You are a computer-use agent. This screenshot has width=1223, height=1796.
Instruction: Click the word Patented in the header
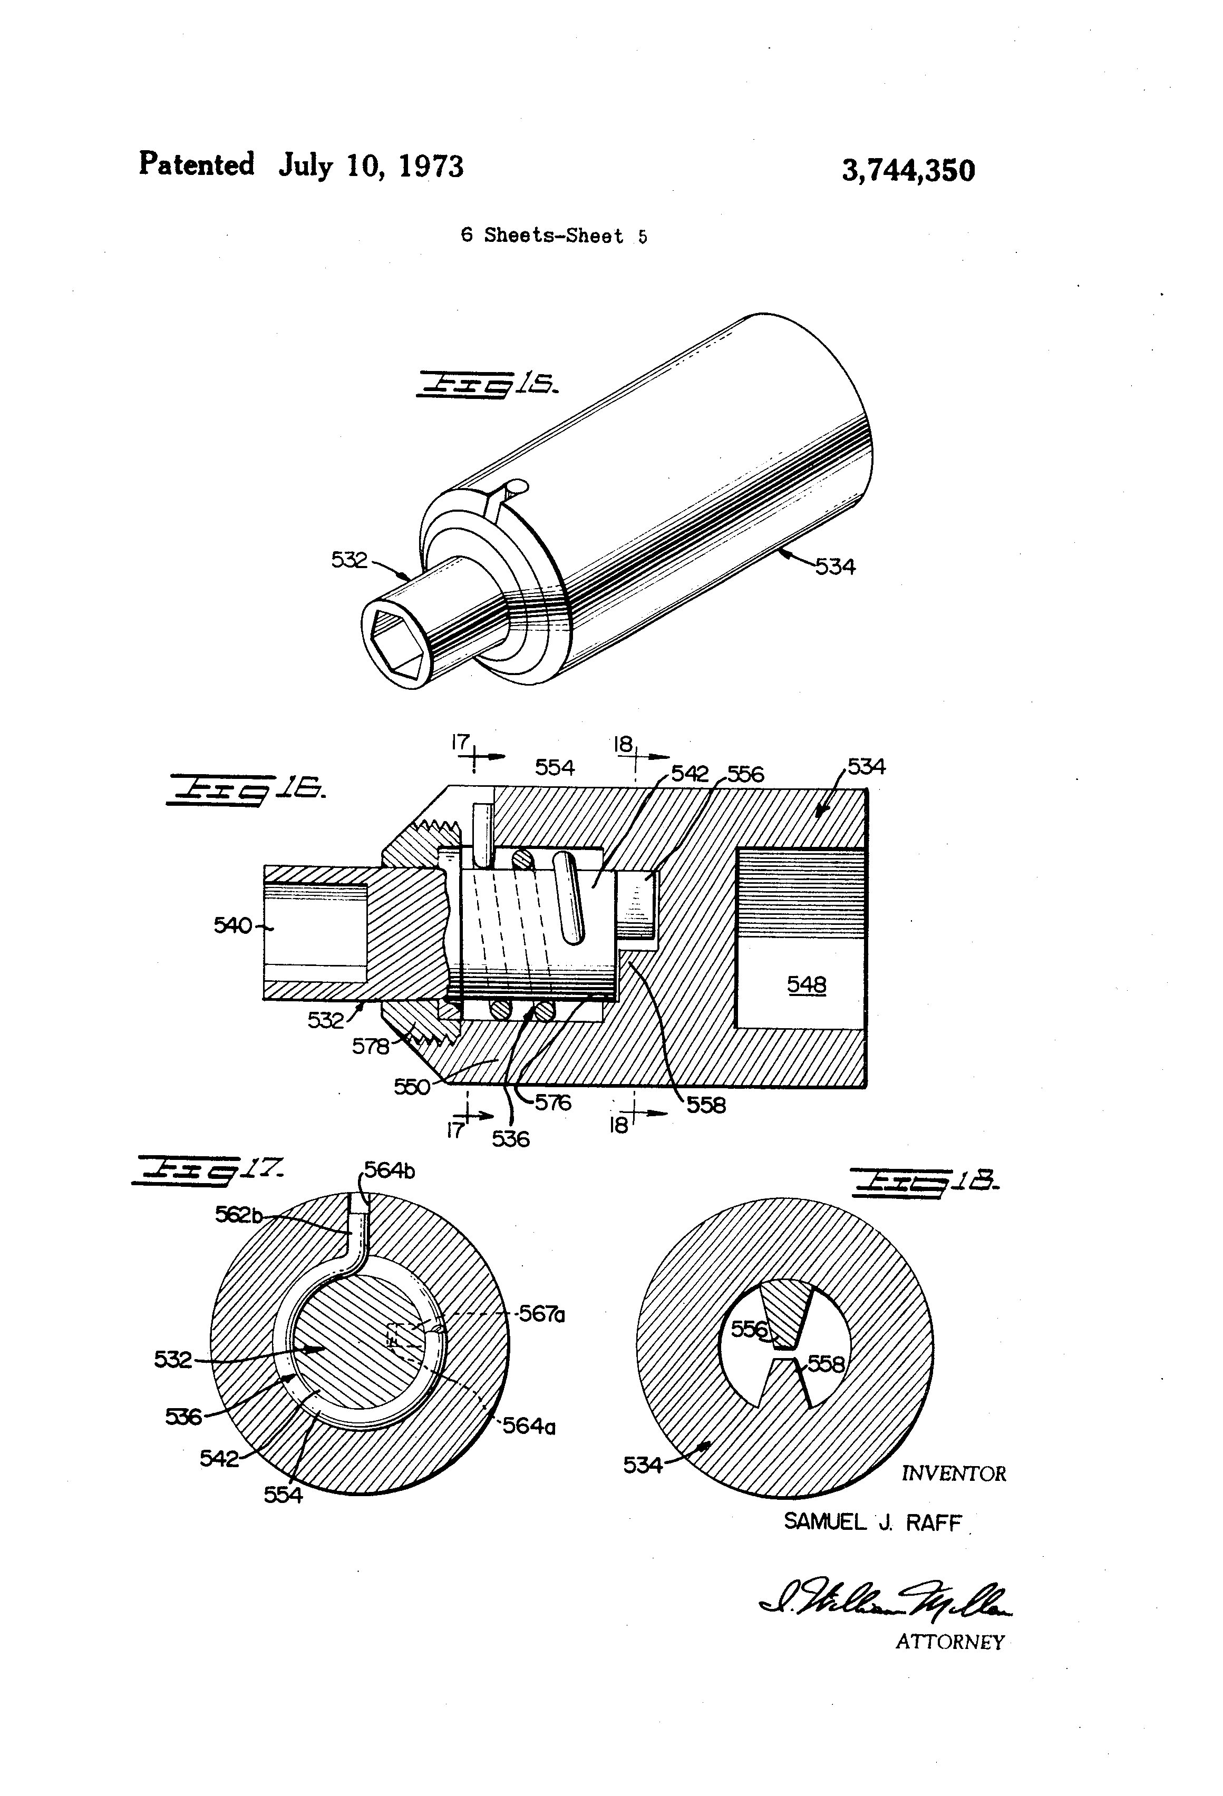196,164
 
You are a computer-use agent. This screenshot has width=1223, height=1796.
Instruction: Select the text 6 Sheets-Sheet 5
554,236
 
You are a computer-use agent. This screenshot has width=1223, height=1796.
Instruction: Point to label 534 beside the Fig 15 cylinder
835,567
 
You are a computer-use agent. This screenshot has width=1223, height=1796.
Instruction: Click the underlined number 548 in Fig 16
807,984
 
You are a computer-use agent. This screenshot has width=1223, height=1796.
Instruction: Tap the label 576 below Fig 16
553,1103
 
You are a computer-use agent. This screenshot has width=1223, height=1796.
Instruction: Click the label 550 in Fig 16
411,1087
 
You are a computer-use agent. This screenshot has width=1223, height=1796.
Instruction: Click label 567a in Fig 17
542,1314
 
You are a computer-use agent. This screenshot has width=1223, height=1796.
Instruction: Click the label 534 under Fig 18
643,1465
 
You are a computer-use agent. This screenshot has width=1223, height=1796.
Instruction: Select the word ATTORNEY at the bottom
949,1642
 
